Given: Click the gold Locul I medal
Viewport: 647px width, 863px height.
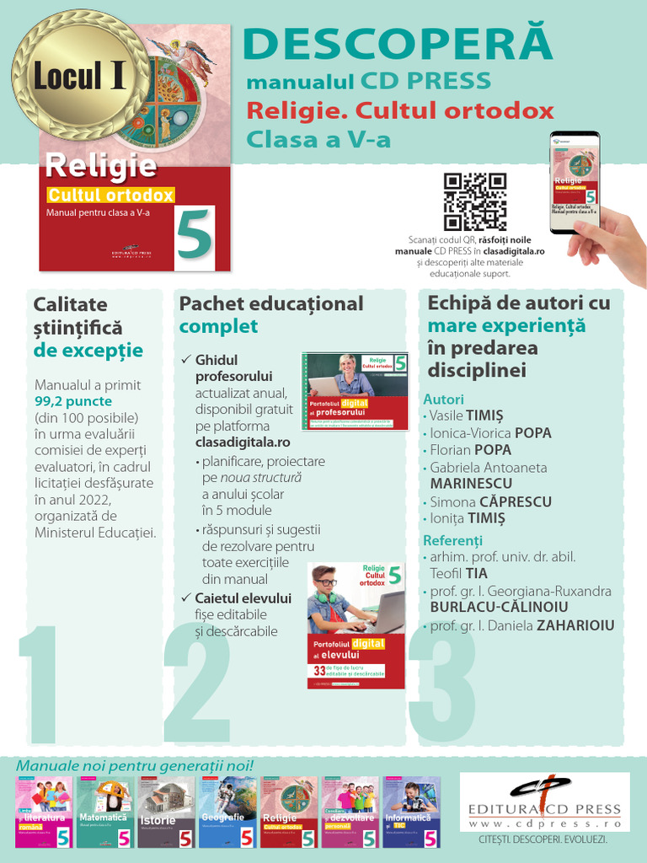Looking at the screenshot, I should (81, 76).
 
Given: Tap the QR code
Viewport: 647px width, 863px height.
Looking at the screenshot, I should (475, 201).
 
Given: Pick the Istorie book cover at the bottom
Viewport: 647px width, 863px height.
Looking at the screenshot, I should (165, 812).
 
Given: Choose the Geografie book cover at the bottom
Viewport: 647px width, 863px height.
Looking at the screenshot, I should (227, 812).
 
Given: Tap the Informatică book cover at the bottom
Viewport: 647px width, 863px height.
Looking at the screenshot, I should (411, 812).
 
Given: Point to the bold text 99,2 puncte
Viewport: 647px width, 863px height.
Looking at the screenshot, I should (73, 402).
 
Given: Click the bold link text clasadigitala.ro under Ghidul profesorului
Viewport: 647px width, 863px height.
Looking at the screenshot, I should (243, 442).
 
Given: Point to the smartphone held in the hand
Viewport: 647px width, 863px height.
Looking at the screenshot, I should (575, 181).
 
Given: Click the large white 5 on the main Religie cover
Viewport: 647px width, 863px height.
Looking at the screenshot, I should (195, 239).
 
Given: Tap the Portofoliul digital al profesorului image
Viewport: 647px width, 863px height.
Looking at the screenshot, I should (355, 390).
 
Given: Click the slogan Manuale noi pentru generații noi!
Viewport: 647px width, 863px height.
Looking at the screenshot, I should (135, 766).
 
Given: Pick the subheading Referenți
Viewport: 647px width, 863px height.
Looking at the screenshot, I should (452, 540).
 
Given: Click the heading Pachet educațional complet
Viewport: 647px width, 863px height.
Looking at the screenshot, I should (271, 314).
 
